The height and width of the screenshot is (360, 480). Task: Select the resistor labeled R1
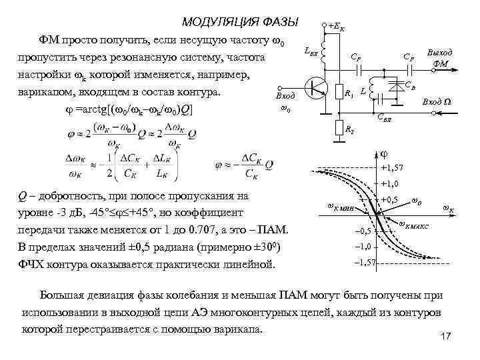tap(341, 93)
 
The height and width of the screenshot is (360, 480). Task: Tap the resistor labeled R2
tap(341, 127)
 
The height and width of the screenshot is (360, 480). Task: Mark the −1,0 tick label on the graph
tap(362, 247)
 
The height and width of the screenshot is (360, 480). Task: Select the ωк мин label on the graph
tap(342, 207)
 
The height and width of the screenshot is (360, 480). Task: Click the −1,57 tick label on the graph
tap(365, 263)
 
